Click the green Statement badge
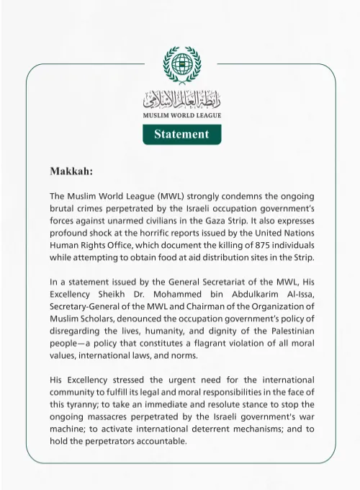click(181, 134)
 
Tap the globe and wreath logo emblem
click(181, 65)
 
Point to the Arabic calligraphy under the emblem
click(181, 99)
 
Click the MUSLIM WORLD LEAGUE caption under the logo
click(181, 115)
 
